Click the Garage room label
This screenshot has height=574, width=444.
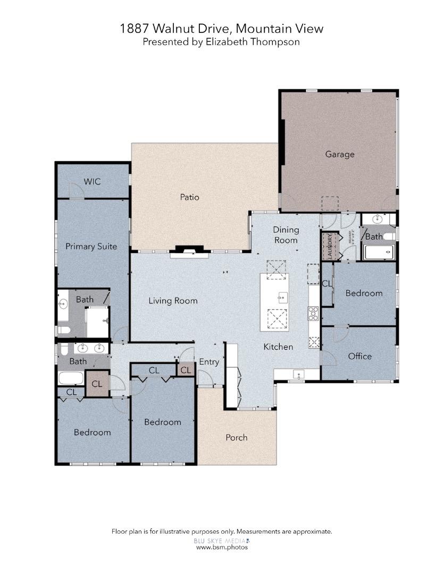(x=339, y=155)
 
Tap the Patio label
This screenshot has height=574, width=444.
(x=189, y=197)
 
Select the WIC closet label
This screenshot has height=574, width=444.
(x=92, y=182)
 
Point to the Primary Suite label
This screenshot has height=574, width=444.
(x=91, y=246)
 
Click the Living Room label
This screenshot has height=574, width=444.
(x=173, y=301)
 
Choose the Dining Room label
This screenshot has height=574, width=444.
(x=286, y=235)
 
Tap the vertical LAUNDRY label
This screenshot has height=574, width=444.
(x=330, y=247)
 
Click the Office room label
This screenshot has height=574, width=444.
(x=359, y=356)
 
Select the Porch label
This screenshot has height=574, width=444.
(x=236, y=437)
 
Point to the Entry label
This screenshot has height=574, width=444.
(x=209, y=362)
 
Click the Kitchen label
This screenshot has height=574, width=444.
(x=278, y=347)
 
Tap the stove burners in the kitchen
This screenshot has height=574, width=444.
(x=313, y=314)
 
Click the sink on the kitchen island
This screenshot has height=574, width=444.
(x=283, y=297)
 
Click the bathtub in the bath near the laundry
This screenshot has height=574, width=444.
(x=379, y=252)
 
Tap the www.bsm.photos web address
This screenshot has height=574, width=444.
(x=222, y=547)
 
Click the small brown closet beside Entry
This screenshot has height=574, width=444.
(x=186, y=370)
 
